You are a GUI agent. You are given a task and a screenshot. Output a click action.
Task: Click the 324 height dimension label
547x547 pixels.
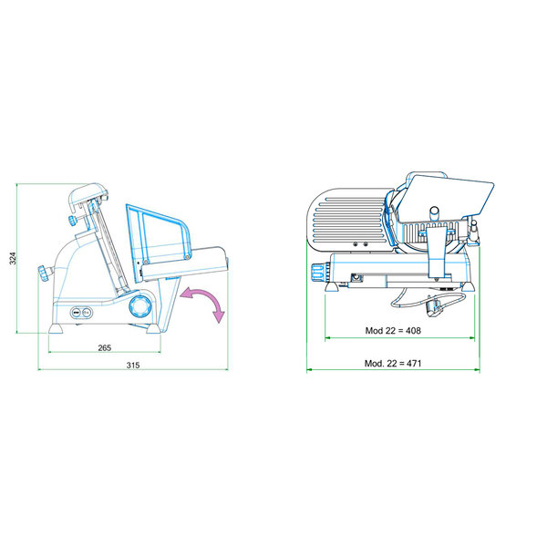[13, 259]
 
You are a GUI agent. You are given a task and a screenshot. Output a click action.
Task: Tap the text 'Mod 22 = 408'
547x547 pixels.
[393, 331]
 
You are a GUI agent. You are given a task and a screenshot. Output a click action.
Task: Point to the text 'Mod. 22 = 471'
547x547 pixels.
[393, 364]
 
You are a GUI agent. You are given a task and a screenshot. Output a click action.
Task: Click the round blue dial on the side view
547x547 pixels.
[139, 304]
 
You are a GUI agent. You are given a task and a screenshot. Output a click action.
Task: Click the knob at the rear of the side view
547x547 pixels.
[42, 273]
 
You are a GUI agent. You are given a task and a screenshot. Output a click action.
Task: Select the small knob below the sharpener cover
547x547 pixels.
[69, 221]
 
